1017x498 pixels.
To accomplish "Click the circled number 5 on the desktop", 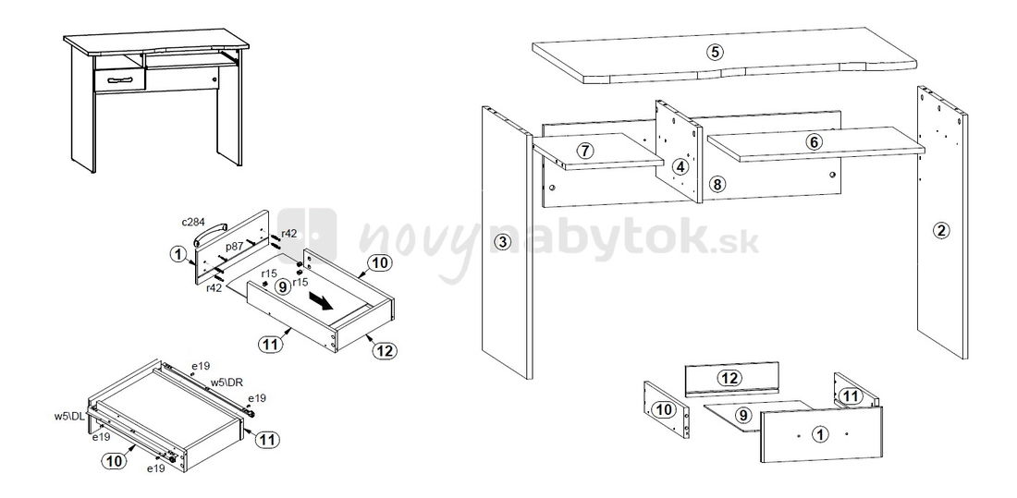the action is pyautogui.click(x=714, y=52).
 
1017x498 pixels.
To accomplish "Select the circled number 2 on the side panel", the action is pyautogui.click(x=941, y=229).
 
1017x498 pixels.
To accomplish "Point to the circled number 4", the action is pyautogui.click(x=680, y=166).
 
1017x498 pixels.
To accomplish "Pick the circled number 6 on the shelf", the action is pyautogui.click(x=814, y=141).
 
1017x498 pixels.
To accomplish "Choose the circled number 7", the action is pyautogui.click(x=585, y=152).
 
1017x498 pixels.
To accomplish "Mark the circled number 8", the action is pyautogui.click(x=717, y=184).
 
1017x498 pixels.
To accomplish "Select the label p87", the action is pyautogui.click(x=234, y=247).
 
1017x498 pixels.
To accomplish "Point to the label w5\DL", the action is pyautogui.click(x=69, y=417).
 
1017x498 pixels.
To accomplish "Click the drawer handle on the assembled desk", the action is pyautogui.click(x=119, y=79).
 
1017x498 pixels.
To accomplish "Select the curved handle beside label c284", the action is pyautogui.click(x=210, y=232).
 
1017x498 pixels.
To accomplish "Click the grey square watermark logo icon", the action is pyautogui.click(x=307, y=236).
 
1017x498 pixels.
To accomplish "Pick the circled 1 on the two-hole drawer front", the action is pyautogui.click(x=821, y=434).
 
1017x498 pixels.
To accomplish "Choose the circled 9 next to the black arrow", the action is pyautogui.click(x=282, y=286).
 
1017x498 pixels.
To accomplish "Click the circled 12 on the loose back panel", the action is pyautogui.click(x=729, y=377).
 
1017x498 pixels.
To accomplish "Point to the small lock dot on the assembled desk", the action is pyautogui.click(x=214, y=79).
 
